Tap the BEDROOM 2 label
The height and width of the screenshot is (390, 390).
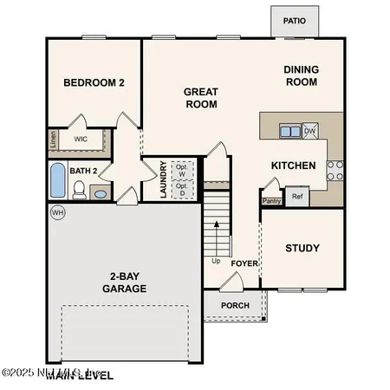94,83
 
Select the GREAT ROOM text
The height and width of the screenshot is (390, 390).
200,98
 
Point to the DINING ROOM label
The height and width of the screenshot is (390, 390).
301,76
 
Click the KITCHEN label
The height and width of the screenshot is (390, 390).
293,166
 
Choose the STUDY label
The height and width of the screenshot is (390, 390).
302,248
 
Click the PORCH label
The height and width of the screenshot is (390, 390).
235,306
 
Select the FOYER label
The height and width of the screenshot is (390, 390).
244,262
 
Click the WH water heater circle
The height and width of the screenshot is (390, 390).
57,212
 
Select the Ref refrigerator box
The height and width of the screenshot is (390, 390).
297,197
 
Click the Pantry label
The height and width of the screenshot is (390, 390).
271,201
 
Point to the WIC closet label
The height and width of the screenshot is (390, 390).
81,139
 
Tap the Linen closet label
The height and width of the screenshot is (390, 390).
53,139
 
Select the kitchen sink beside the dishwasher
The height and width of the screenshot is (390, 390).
289,132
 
